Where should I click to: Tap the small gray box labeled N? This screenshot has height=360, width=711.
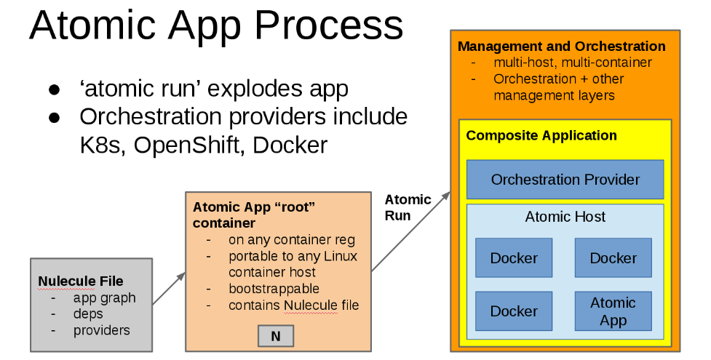(x=276, y=335)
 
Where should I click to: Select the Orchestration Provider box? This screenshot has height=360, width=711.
(x=565, y=180)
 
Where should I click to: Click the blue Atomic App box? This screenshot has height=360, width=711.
(x=613, y=311)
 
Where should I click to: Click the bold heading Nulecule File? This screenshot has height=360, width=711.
(x=80, y=281)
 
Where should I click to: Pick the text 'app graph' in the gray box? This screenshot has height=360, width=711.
(x=104, y=298)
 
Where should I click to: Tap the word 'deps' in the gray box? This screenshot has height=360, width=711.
(x=88, y=314)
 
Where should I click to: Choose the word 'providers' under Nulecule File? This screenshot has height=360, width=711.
(x=101, y=331)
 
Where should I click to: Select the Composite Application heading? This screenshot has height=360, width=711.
(x=541, y=136)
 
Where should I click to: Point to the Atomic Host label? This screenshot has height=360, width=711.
(x=565, y=217)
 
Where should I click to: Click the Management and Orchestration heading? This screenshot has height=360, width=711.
(x=561, y=47)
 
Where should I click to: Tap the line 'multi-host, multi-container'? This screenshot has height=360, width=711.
(x=572, y=63)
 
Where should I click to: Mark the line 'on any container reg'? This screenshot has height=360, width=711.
(x=291, y=240)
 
